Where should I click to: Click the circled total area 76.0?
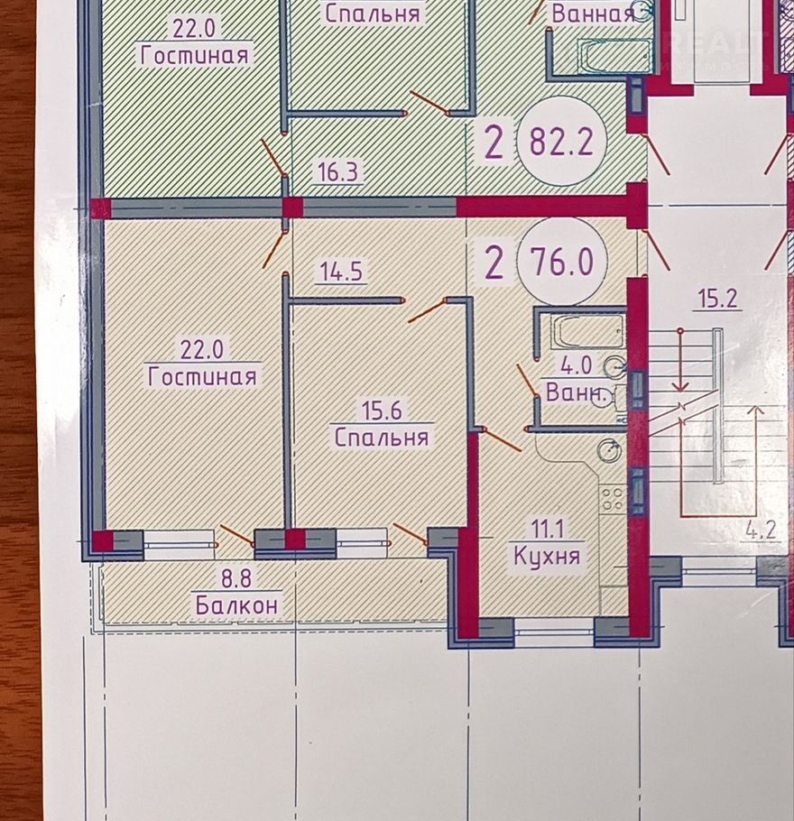(x=562, y=261)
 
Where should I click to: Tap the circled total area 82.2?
(x=561, y=141)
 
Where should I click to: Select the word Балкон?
(x=236, y=605)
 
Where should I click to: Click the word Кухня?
(x=547, y=556)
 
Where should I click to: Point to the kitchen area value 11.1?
(x=548, y=530)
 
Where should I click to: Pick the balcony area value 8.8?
(x=236, y=579)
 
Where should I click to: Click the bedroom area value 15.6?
(x=383, y=410)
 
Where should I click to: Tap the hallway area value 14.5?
(x=341, y=272)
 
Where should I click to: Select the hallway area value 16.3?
(x=338, y=171)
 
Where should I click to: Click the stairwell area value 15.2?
(x=718, y=299)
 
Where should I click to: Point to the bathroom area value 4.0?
(x=577, y=365)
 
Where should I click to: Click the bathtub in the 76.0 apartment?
(x=588, y=330)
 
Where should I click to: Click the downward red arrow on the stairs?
(x=680, y=361)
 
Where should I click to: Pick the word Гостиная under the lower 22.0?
(x=203, y=376)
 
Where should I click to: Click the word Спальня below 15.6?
(x=382, y=437)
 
